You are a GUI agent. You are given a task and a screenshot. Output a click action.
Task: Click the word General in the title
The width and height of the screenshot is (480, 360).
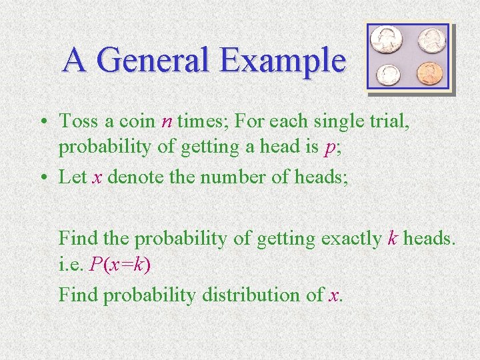(154, 61)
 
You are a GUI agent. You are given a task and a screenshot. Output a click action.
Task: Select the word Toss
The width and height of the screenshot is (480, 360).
(79, 122)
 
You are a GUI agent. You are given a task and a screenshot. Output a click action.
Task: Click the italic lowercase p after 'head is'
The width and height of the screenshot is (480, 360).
(328, 149)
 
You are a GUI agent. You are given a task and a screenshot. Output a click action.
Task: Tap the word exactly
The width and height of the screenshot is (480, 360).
(350, 238)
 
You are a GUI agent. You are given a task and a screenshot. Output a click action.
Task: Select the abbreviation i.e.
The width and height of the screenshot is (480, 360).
(71, 265)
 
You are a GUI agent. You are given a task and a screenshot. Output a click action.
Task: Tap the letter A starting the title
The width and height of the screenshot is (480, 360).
(75, 61)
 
